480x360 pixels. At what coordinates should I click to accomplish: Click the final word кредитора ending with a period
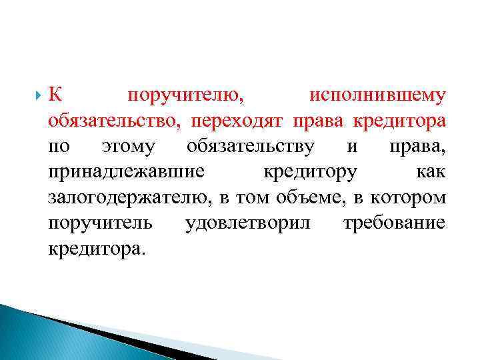pyautogui.click(x=96, y=249)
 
